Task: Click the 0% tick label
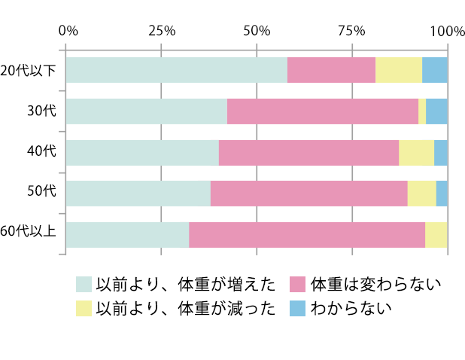[68, 31]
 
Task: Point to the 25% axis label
[162, 31]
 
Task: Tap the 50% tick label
[257, 31]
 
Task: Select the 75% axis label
[351, 31]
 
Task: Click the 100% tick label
[447, 31]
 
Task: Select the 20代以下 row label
[29, 71]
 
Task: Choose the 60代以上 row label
[29, 233]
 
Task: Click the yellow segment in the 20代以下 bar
[399, 70]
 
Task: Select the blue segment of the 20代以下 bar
[435, 70]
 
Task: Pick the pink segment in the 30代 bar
[323, 111]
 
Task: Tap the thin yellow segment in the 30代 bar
[422, 111]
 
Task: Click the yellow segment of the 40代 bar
[416, 152]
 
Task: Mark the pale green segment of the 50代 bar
[138, 193]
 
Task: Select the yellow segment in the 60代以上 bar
[436, 234]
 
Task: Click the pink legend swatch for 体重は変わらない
[298, 284]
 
